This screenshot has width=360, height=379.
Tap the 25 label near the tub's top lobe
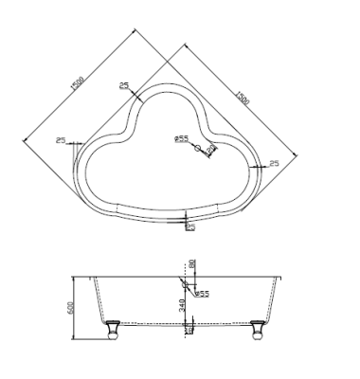[x=124, y=86]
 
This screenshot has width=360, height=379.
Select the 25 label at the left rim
[x=61, y=140]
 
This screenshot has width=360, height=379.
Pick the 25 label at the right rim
[x=274, y=164]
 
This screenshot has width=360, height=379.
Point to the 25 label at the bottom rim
[x=190, y=226]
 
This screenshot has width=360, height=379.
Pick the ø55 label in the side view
[x=201, y=294]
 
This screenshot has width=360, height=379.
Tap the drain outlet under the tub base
[x=189, y=329]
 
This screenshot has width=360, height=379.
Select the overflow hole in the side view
[x=186, y=282]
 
